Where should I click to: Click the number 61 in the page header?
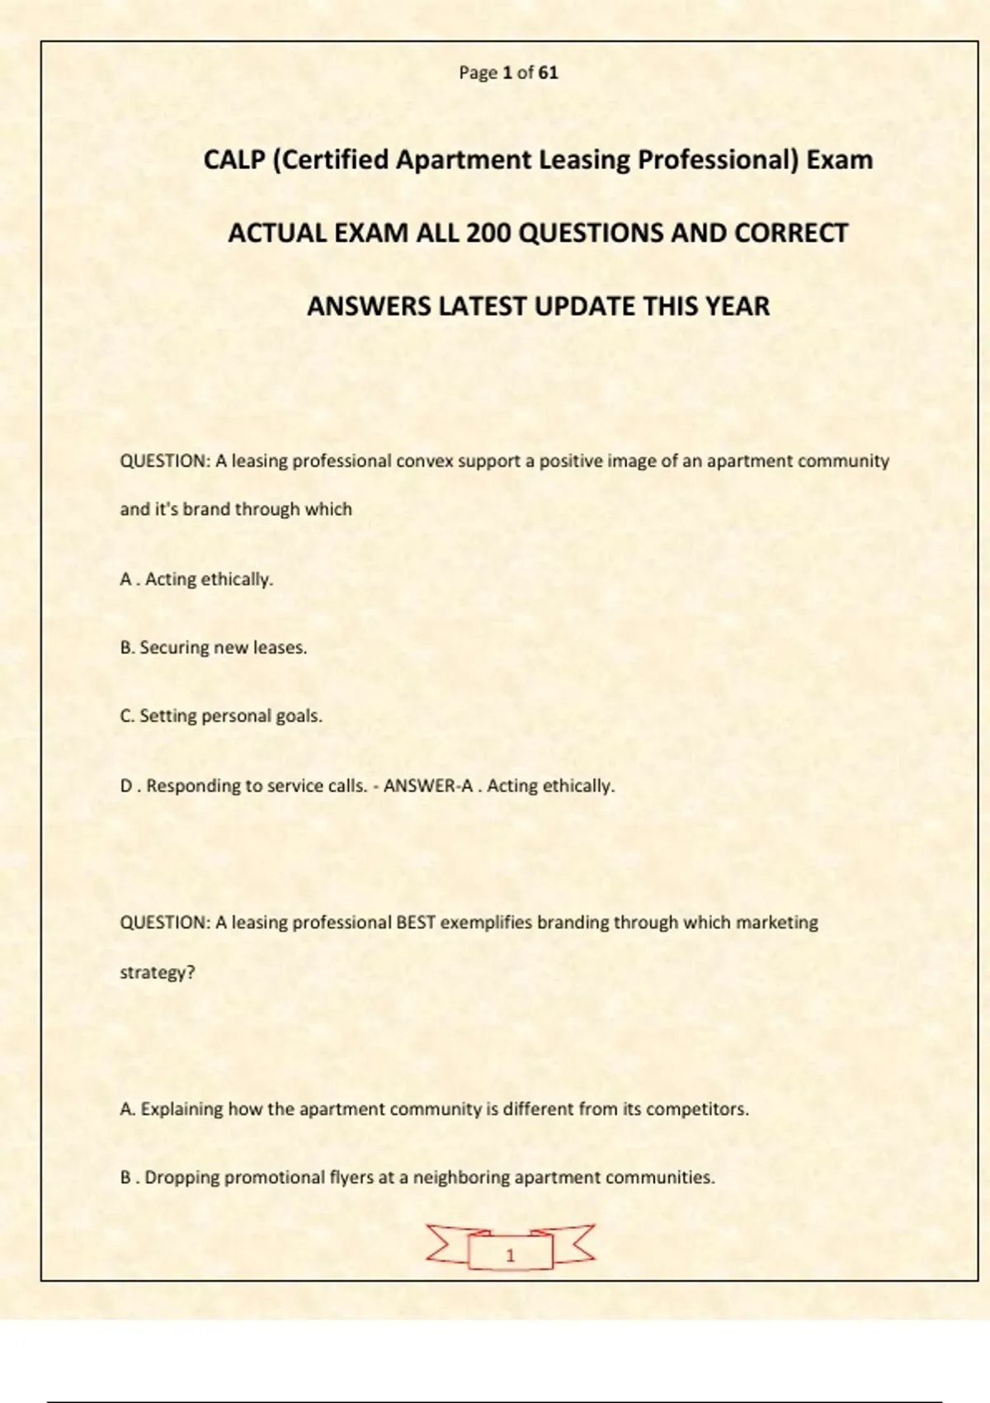[x=548, y=73]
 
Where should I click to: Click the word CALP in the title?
[x=233, y=159]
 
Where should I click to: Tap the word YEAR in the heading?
[x=737, y=306]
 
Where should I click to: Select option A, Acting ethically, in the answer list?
[x=196, y=579]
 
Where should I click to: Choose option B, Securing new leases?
[x=213, y=648]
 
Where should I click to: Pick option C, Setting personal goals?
[x=221, y=716]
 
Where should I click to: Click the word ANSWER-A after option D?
[x=428, y=786]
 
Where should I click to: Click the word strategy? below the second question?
[x=158, y=972]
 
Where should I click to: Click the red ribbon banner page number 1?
[x=510, y=1254]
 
